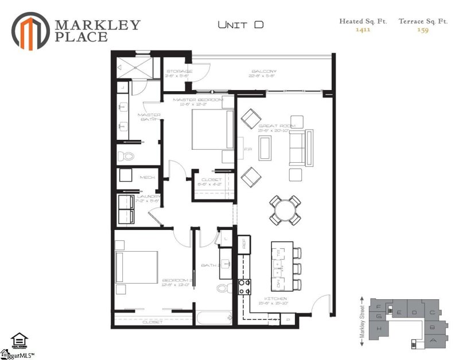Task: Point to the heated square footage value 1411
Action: pos(362,30)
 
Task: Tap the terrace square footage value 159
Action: pos(423,30)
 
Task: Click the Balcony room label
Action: pos(263,72)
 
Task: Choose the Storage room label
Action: pos(178,72)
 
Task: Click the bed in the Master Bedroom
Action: pos(210,130)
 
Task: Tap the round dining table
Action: pos(285,210)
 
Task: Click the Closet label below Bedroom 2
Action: pos(152,322)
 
